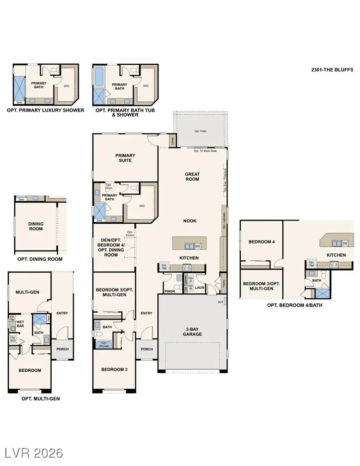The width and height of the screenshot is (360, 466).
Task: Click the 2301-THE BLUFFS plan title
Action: point(332,70)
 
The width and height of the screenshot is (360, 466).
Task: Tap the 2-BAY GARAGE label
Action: point(192,331)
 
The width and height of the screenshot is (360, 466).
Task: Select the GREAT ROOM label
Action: point(192,176)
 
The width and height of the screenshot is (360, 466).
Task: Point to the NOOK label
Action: point(189,221)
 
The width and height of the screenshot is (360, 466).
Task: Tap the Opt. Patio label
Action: point(200,131)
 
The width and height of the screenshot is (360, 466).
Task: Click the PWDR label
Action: point(170,292)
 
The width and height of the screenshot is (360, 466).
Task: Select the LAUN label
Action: point(200,288)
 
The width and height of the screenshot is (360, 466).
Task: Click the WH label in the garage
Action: point(221,302)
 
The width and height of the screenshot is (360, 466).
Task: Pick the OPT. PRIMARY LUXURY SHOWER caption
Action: point(45,110)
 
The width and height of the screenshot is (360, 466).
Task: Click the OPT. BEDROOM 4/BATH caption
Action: point(295,305)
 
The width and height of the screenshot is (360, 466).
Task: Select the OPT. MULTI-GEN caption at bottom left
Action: point(41,398)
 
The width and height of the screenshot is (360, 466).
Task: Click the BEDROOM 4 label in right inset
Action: point(261,242)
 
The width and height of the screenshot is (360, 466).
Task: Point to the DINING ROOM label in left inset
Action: point(36,227)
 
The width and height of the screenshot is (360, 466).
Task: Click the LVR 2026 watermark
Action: point(34,452)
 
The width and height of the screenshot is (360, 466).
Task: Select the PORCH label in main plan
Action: point(146,349)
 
